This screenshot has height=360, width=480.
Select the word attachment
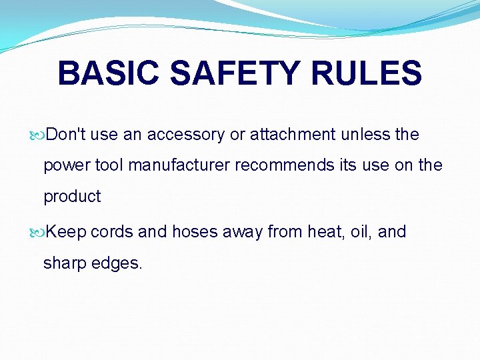[x=293, y=135]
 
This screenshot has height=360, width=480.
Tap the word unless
[x=365, y=135]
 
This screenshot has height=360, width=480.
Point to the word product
[x=72, y=197]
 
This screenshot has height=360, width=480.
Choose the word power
[x=65, y=165]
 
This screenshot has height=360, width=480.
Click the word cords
[x=112, y=232]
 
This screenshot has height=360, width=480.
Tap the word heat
[x=323, y=232]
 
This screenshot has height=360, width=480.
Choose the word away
[x=244, y=232]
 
